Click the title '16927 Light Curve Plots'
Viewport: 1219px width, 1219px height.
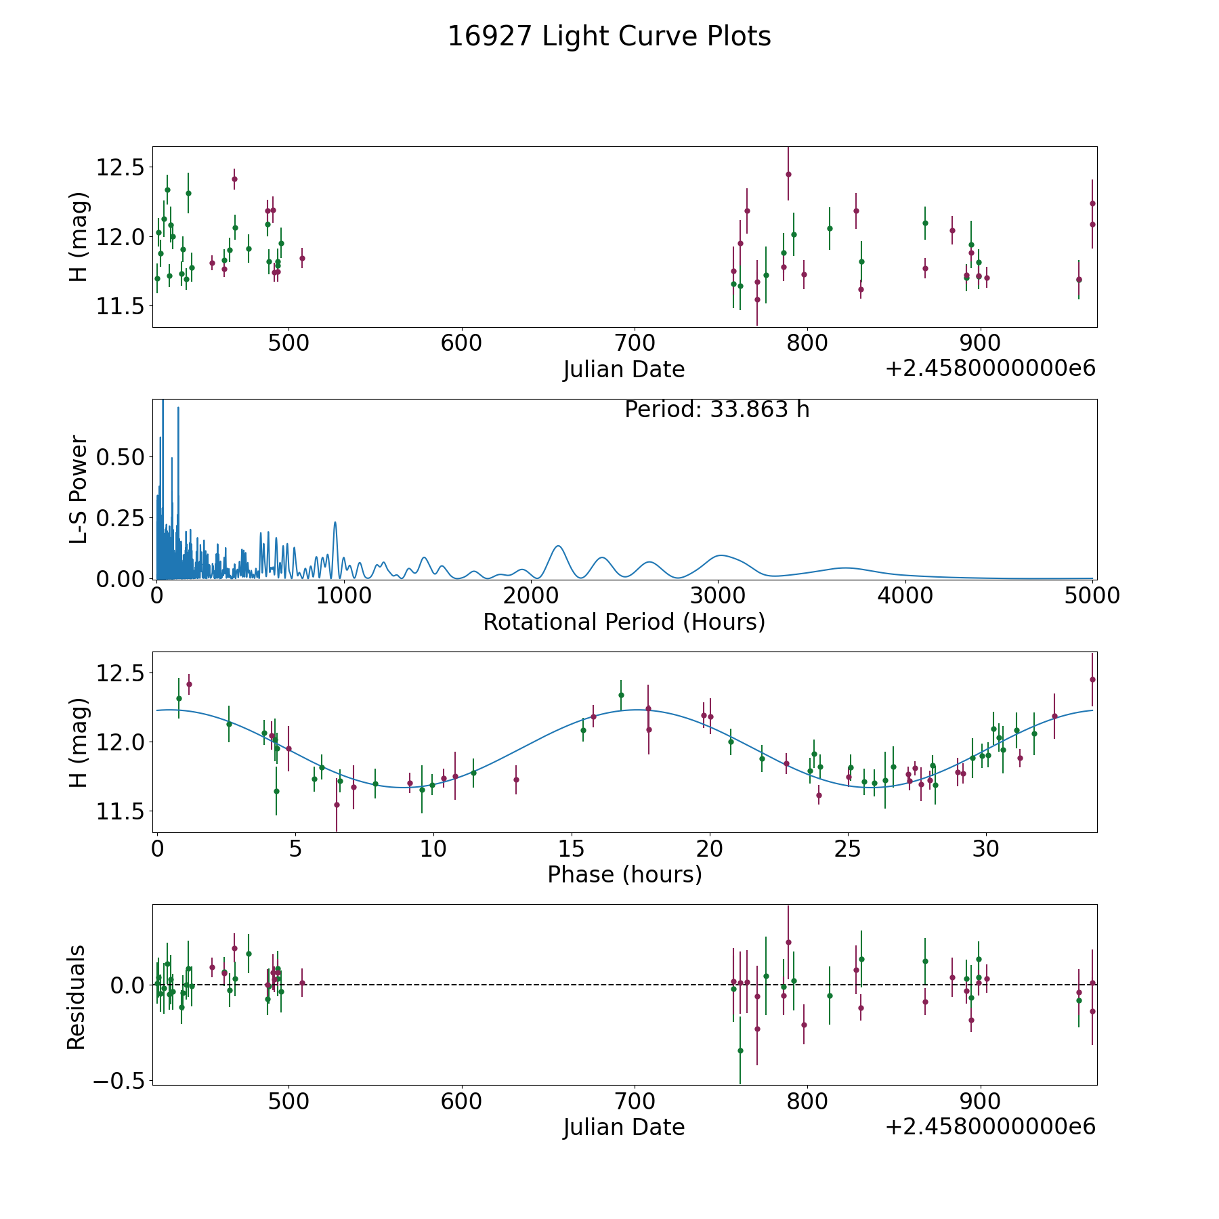[x=609, y=37]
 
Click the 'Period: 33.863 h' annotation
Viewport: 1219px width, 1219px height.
[x=717, y=410]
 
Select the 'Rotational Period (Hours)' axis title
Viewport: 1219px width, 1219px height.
[x=624, y=622]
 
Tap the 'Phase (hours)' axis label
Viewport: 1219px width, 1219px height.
[x=624, y=874]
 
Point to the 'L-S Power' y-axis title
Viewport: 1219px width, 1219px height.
[x=79, y=489]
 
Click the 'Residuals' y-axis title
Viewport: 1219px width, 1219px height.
[x=77, y=997]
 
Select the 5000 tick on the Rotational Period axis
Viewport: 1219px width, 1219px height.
[x=1092, y=595]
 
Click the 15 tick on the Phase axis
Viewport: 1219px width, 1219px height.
[x=572, y=848]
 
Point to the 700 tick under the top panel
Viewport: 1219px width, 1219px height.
[x=634, y=343]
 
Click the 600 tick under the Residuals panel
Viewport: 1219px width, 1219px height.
[x=461, y=1102]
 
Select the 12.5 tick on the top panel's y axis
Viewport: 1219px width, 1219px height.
[x=121, y=167]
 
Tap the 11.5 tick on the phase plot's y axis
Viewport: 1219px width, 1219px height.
[x=121, y=811]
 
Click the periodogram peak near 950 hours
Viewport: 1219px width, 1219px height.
[x=335, y=522]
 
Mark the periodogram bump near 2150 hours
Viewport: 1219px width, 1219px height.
[x=558, y=546]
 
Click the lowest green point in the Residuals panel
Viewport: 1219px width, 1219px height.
[x=740, y=1050]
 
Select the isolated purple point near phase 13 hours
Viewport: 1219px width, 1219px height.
[x=516, y=779]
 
